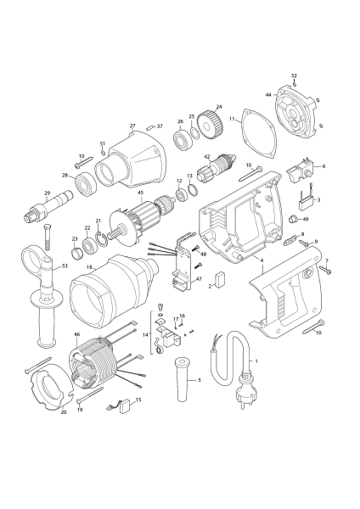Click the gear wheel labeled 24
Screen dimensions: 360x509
[211, 125]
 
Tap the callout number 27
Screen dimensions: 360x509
[132, 126]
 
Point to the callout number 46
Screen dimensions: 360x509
[77, 334]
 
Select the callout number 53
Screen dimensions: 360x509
[65, 266]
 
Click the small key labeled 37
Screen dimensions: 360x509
[150, 126]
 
